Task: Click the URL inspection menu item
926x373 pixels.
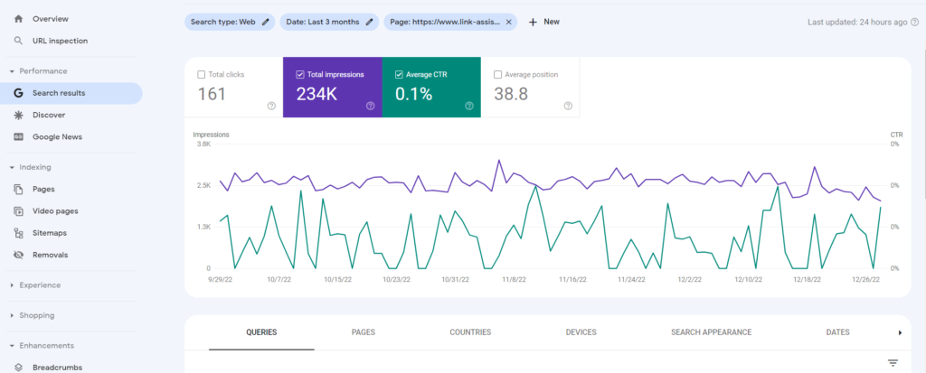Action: pyautogui.click(x=61, y=41)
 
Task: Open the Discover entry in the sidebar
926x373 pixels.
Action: pyautogui.click(x=48, y=115)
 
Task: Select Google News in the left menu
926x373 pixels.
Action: pyautogui.click(x=57, y=137)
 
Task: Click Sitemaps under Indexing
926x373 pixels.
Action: pyautogui.click(x=50, y=233)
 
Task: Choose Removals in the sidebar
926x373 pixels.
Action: pyautogui.click(x=50, y=255)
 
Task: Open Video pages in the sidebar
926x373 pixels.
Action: pyautogui.click(x=54, y=211)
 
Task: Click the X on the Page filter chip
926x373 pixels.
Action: pyautogui.click(x=508, y=22)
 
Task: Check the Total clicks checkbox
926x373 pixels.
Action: pyautogui.click(x=201, y=75)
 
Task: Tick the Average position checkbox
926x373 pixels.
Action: pyautogui.click(x=498, y=75)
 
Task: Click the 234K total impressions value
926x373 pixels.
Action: pyautogui.click(x=317, y=94)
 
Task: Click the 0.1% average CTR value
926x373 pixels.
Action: pyautogui.click(x=413, y=94)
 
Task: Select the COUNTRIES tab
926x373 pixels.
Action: pyautogui.click(x=469, y=332)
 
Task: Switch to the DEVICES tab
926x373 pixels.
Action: pyautogui.click(x=581, y=332)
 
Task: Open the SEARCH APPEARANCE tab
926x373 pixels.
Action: pyautogui.click(x=711, y=332)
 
